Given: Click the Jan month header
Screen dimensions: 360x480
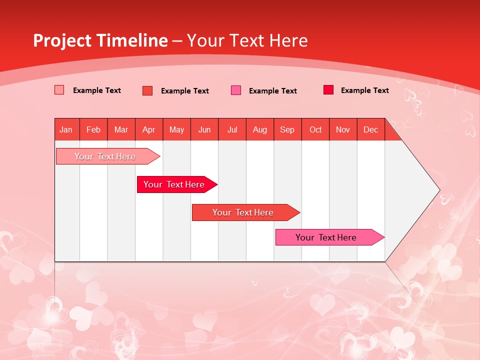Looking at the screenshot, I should point(66,129).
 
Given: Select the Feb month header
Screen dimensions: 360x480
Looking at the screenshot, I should point(93,129).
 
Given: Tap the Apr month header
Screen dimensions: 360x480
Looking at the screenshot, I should point(148,129).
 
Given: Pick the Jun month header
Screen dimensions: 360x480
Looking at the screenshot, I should point(204,129).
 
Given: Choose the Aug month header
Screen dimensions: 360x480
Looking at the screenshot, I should point(259,129).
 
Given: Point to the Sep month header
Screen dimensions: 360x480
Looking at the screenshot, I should point(287,129).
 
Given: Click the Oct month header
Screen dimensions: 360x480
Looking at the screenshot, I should point(315,129).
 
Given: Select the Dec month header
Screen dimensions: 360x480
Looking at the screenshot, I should point(370,129).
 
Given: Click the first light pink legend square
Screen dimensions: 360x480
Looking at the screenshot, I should point(59,90).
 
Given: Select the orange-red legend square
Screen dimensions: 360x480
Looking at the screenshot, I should point(147,90).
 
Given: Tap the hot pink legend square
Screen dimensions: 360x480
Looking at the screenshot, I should point(236,90).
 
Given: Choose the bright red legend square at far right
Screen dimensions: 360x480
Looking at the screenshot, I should point(328,90).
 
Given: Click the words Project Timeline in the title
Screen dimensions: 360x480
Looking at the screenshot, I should point(100,40).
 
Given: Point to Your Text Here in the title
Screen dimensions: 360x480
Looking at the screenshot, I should point(247,40).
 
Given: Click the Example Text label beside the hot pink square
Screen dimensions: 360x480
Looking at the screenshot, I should point(272,91).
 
